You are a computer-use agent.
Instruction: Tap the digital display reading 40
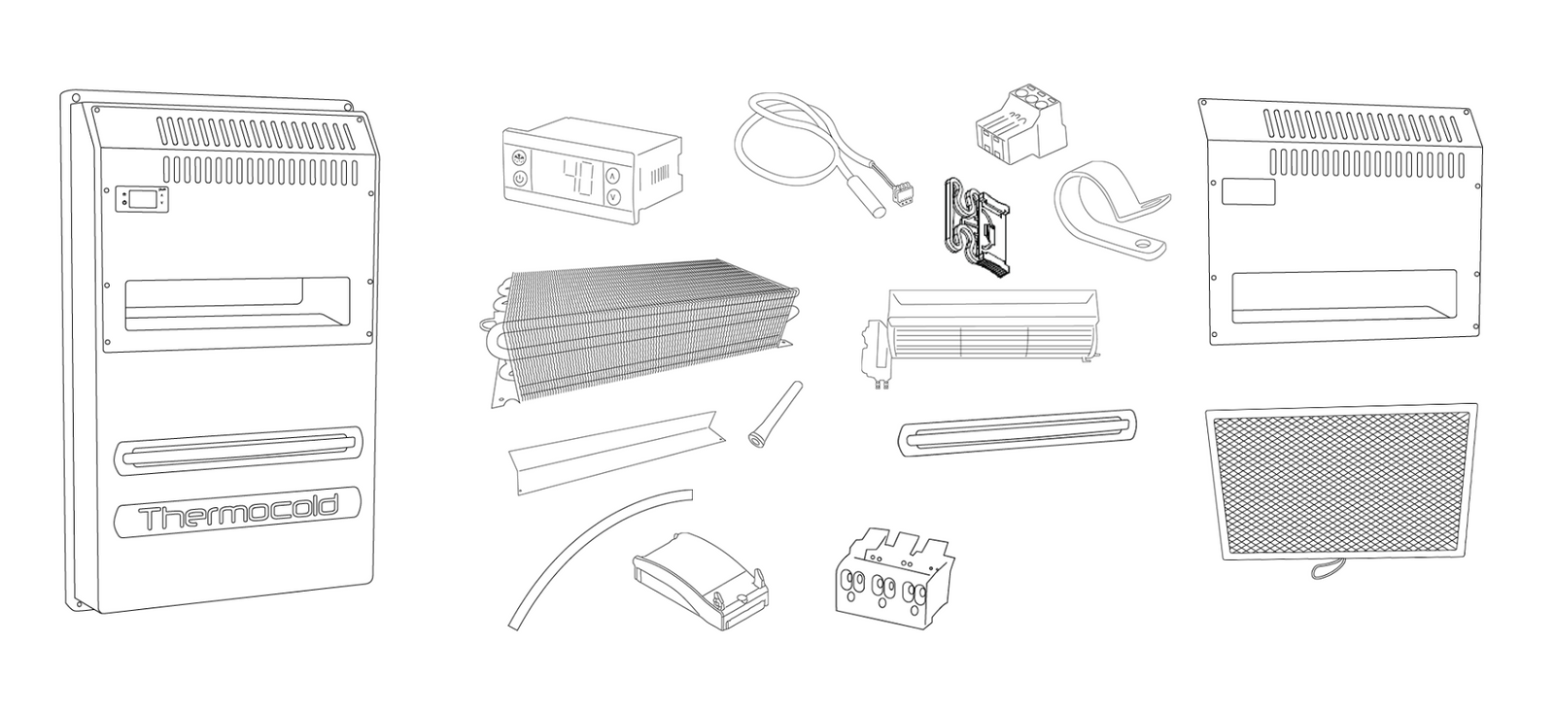click(577, 178)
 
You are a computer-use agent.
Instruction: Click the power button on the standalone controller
click(520, 179)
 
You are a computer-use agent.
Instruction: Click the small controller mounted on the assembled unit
click(142, 197)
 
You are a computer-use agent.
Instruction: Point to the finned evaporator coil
click(639, 329)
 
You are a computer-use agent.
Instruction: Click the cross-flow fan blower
click(979, 334)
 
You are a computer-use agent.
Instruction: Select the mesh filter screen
click(1341, 482)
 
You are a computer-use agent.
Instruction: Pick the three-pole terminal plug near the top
click(1020, 130)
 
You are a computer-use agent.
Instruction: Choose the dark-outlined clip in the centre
click(977, 227)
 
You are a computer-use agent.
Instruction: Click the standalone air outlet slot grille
click(1017, 432)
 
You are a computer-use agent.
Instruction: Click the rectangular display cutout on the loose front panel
click(1248, 192)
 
